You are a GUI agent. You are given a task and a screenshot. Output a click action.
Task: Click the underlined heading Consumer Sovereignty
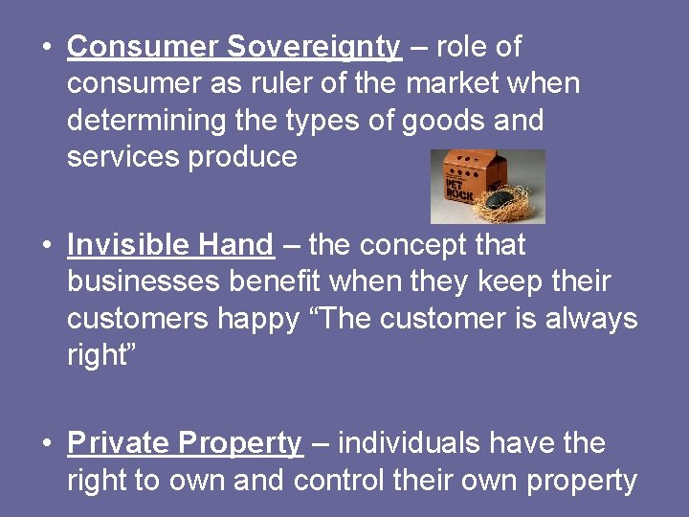[x=234, y=46]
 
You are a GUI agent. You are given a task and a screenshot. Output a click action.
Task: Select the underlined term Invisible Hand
[x=170, y=245]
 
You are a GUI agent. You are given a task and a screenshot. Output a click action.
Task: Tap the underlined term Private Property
[x=185, y=443]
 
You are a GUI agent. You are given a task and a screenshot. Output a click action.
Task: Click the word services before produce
[x=123, y=157]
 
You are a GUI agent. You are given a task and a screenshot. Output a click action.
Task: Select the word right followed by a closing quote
[x=100, y=355]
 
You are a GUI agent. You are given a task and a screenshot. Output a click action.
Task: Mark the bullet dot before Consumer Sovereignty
[x=47, y=47]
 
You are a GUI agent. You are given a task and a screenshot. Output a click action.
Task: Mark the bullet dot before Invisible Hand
[x=47, y=246]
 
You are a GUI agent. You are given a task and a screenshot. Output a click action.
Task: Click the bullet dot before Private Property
[x=47, y=444]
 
